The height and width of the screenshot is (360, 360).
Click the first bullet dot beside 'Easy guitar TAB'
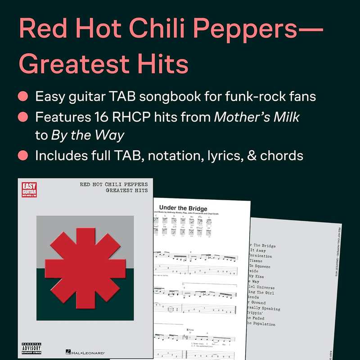(x=22, y=97)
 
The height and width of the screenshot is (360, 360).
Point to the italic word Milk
(x=283, y=117)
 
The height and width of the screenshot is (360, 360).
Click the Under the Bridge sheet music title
(x=183, y=208)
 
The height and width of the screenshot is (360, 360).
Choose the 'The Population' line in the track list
(x=261, y=324)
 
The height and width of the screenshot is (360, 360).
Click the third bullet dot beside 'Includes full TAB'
(x=22, y=156)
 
